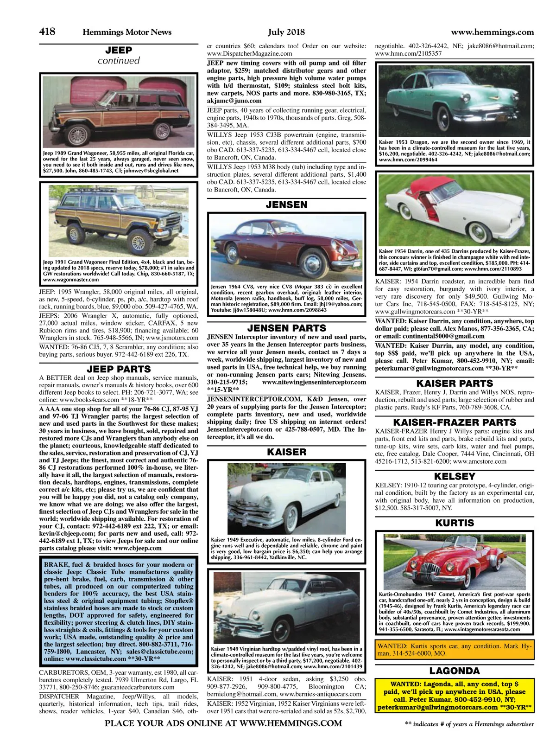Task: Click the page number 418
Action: (x=47, y=32)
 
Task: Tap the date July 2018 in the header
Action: (x=286, y=32)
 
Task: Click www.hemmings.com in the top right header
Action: (x=492, y=32)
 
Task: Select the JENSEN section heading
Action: (x=286, y=205)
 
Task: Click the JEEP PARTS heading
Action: (x=119, y=369)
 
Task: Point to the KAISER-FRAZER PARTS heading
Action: (x=455, y=422)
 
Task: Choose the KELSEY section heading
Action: (x=455, y=476)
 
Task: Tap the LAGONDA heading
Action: (x=455, y=671)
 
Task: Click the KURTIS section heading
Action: (x=455, y=523)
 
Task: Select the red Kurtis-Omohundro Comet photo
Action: (x=455, y=561)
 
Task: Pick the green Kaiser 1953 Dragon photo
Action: (x=455, y=100)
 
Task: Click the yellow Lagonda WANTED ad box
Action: (x=455, y=696)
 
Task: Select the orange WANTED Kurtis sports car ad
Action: (x=455, y=649)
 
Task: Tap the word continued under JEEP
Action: (x=119, y=61)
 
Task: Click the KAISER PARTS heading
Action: (x=455, y=384)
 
